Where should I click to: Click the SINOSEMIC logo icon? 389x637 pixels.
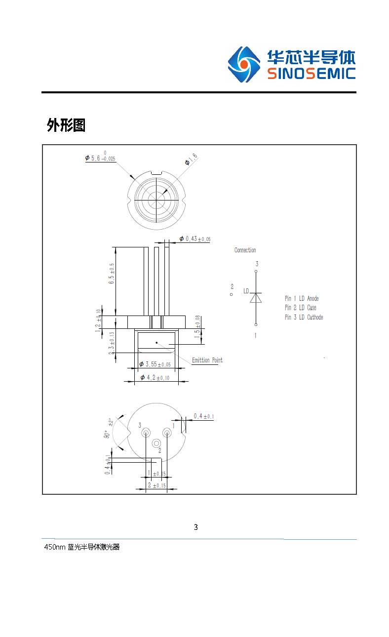click(x=243, y=65)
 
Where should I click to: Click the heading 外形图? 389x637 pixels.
click(x=66, y=125)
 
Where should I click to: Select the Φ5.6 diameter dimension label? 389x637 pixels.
click(x=100, y=158)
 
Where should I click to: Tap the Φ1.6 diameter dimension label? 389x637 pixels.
click(x=191, y=159)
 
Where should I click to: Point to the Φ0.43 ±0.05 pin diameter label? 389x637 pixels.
click(x=194, y=239)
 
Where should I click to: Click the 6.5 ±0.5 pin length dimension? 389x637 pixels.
click(x=112, y=273)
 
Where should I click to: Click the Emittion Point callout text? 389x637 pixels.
click(x=207, y=360)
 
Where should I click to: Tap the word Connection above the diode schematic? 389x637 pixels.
click(x=245, y=250)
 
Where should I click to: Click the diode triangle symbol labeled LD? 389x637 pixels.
click(x=255, y=298)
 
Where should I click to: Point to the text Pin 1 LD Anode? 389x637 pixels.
click(x=302, y=298)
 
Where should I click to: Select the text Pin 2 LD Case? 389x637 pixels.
click(x=300, y=308)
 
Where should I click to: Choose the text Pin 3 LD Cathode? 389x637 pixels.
click(x=304, y=317)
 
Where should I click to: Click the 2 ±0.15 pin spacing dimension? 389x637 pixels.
click(x=157, y=485)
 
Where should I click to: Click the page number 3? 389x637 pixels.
click(x=195, y=527)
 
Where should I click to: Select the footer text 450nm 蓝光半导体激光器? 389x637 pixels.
click(x=82, y=547)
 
